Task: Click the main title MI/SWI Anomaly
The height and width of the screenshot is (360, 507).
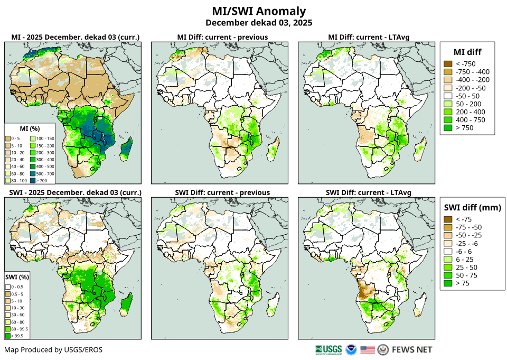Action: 259,11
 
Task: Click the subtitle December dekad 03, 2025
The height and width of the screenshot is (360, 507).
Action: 259,23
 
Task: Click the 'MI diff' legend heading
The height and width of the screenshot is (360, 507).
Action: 467,51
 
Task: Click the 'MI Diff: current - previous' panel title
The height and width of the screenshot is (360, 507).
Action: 222,37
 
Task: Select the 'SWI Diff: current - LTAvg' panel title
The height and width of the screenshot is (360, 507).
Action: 369,192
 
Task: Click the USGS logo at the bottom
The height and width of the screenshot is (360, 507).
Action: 328,349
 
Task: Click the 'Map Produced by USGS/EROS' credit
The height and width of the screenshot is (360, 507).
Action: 53,350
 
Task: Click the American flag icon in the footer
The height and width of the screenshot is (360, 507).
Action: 368,349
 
